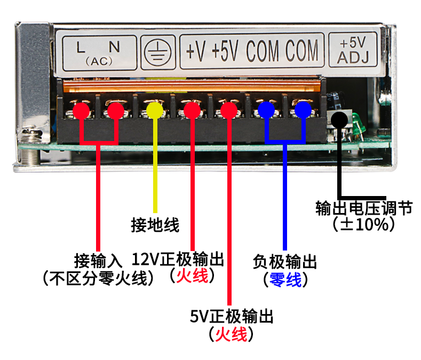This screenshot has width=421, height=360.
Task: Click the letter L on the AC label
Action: (x=81, y=48)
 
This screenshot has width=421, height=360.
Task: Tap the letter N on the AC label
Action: (x=114, y=47)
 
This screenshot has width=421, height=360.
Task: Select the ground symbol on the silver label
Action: (x=157, y=52)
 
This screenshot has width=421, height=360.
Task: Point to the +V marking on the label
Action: (x=196, y=51)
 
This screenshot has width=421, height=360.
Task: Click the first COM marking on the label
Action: (x=263, y=51)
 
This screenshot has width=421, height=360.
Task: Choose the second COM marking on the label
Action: (x=302, y=50)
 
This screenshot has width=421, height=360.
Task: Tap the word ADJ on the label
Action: (x=353, y=57)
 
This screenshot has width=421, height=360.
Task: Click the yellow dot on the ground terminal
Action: (x=155, y=110)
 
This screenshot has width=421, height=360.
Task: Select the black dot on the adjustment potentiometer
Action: (x=339, y=120)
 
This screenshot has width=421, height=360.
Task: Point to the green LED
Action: (x=358, y=124)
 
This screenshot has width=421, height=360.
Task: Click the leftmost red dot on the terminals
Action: (x=81, y=110)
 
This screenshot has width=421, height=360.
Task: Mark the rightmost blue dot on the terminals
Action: (x=303, y=109)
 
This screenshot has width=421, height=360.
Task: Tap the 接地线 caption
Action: (x=155, y=225)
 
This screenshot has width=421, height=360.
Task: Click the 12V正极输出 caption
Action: (x=178, y=259)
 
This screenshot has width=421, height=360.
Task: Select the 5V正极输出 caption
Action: (x=232, y=316)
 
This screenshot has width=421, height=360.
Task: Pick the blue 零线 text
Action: (x=285, y=279)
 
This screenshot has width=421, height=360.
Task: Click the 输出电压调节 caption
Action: (x=364, y=208)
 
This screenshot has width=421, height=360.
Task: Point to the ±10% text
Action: (x=364, y=224)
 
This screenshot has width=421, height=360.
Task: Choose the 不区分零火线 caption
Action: (x=98, y=278)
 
